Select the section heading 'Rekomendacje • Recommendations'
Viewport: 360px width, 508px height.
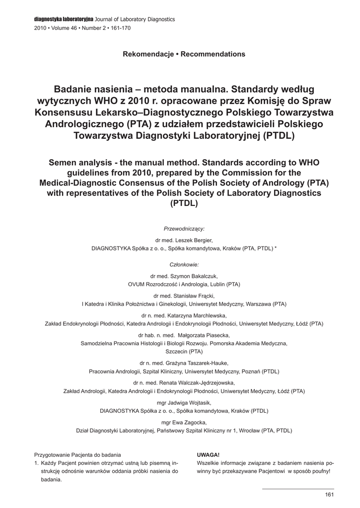(x=184, y=54)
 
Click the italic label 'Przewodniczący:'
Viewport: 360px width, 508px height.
(x=184, y=229)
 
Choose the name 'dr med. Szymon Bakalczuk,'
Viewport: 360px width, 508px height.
(x=184, y=276)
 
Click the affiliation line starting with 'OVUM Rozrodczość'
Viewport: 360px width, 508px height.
(x=184, y=285)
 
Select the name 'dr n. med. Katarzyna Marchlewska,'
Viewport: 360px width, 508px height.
(x=184, y=315)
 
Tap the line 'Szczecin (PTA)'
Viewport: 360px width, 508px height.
(x=184, y=351)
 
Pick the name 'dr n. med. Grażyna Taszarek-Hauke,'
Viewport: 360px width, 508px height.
(x=184, y=363)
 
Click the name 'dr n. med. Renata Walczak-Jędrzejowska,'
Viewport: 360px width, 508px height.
(x=184, y=382)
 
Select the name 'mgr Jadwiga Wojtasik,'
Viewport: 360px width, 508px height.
(x=184, y=402)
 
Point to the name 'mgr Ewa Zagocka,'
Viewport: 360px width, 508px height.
(x=184, y=422)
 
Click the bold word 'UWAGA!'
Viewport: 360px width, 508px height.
(x=208, y=454)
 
